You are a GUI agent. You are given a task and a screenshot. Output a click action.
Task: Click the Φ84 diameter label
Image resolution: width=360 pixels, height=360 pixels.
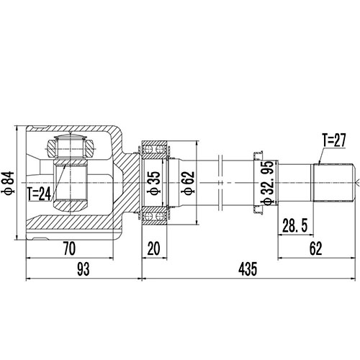tap(9, 182)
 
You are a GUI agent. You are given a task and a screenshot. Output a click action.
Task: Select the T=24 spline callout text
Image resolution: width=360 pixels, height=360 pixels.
tap(40, 193)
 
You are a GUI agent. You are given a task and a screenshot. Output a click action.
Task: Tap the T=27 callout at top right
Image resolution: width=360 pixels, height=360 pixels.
tap(330, 142)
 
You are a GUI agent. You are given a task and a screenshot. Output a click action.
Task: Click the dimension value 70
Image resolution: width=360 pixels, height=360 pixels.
tap(69, 250)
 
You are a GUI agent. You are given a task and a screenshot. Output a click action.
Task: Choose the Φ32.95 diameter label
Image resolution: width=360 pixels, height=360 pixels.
tap(268, 182)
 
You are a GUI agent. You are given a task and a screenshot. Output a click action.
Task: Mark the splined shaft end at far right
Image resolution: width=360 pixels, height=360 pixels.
tap(333, 182)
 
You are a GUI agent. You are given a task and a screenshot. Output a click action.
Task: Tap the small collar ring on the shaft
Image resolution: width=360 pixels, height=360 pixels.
tap(256, 182)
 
